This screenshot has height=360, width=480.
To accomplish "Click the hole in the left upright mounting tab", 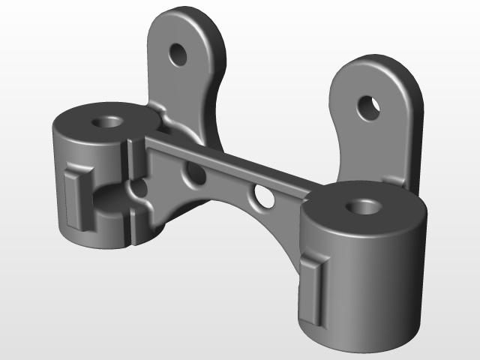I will click(x=178, y=53).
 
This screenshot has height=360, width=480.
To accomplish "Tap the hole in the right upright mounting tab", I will click(x=368, y=107).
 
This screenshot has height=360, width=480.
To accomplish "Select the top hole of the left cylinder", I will click(x=109, y=121).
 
